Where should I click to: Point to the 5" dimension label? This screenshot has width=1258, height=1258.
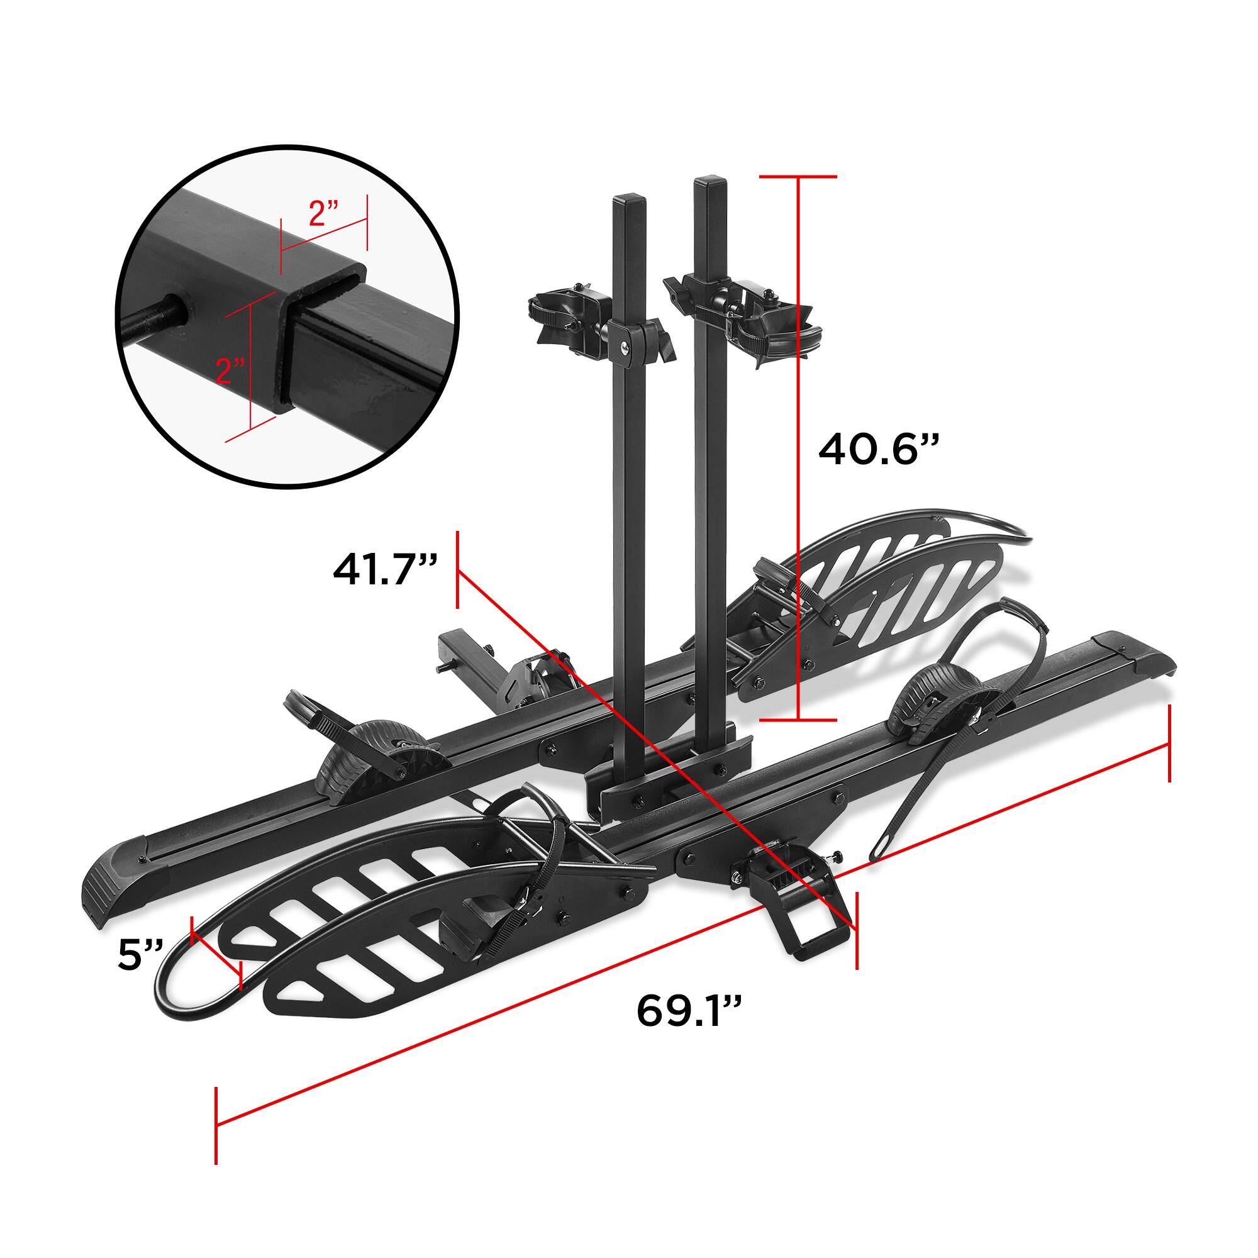(140, 955)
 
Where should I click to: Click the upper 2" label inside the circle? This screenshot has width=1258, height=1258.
(323, 214)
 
